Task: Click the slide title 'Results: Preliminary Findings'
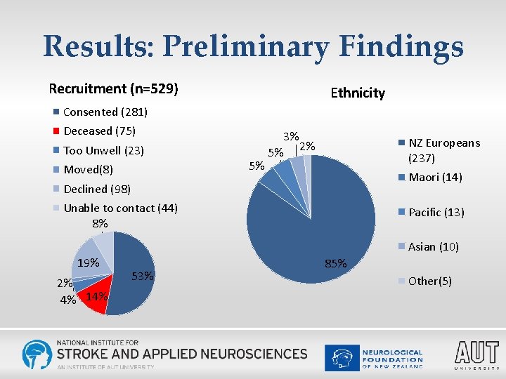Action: coord(253,46)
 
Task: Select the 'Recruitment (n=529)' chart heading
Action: coord(113,89)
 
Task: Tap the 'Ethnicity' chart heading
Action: coord(358,93)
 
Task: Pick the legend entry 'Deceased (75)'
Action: coord(98,131)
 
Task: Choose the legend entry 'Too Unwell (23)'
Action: coord(103,150)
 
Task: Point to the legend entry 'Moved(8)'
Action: coord(87,170)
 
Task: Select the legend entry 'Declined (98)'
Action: coord(97,189)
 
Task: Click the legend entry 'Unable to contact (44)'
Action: coord(119,208)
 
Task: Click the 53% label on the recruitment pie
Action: coord(143,276)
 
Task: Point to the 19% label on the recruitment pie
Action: coord(88,263)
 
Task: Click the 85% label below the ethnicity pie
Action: coord(336,264)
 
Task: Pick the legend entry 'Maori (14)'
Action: coord(434,178)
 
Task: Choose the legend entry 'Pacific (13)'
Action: coord(436,212)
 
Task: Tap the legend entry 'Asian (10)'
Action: coord(433,246)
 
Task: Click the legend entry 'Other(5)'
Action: coord(429,281)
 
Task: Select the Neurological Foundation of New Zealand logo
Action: coord(374,357)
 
